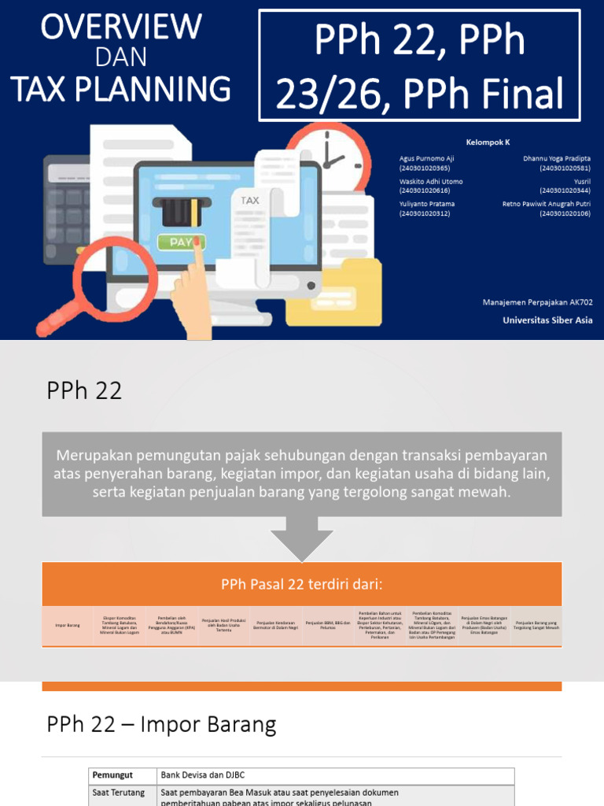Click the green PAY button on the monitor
(181, 242)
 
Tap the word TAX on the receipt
(250, 201)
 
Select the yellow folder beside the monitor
(333, 294)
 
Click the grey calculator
(67, 193)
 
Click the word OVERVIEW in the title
(121, 28)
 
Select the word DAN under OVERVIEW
(120, 57)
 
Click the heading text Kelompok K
(488, 142)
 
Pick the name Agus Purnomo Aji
(426, 158)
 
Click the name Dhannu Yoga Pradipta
(556, 158)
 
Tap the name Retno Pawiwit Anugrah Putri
(547, 204)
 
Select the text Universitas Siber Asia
(547, 320)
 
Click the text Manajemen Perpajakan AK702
(537, 302)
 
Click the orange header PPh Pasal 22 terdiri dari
(302, 584)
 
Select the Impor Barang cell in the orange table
(68, 626)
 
